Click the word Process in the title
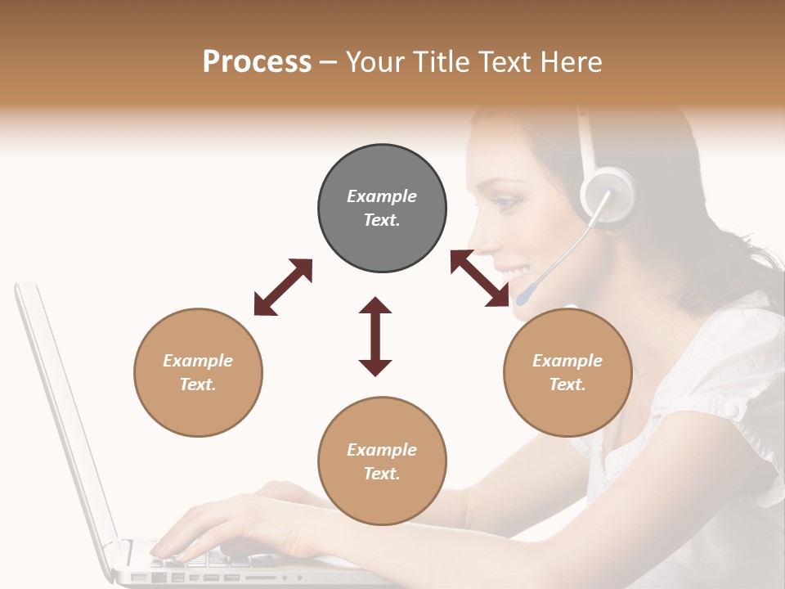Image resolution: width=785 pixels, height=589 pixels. (x=257, y=62)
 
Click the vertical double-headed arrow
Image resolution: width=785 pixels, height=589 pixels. (x=375, y=336)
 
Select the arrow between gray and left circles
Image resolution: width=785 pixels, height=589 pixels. (x=283, y=287)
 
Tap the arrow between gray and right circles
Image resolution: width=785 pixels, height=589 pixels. (x=480, y=278)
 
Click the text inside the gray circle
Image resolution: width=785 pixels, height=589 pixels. (x=382, y=208)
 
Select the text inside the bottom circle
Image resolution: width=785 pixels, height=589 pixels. (x=382, y=461)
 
